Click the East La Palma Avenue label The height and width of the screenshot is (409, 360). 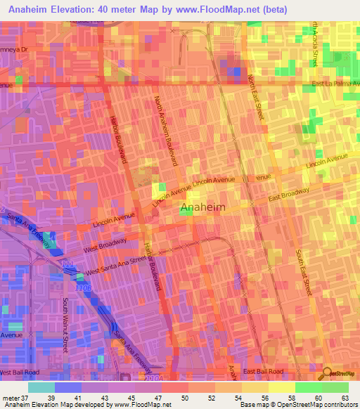335,84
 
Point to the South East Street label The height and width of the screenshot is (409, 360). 303,272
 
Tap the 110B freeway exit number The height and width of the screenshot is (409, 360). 84,288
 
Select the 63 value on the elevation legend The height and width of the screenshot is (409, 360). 345,398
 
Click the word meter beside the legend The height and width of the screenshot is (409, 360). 11,398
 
